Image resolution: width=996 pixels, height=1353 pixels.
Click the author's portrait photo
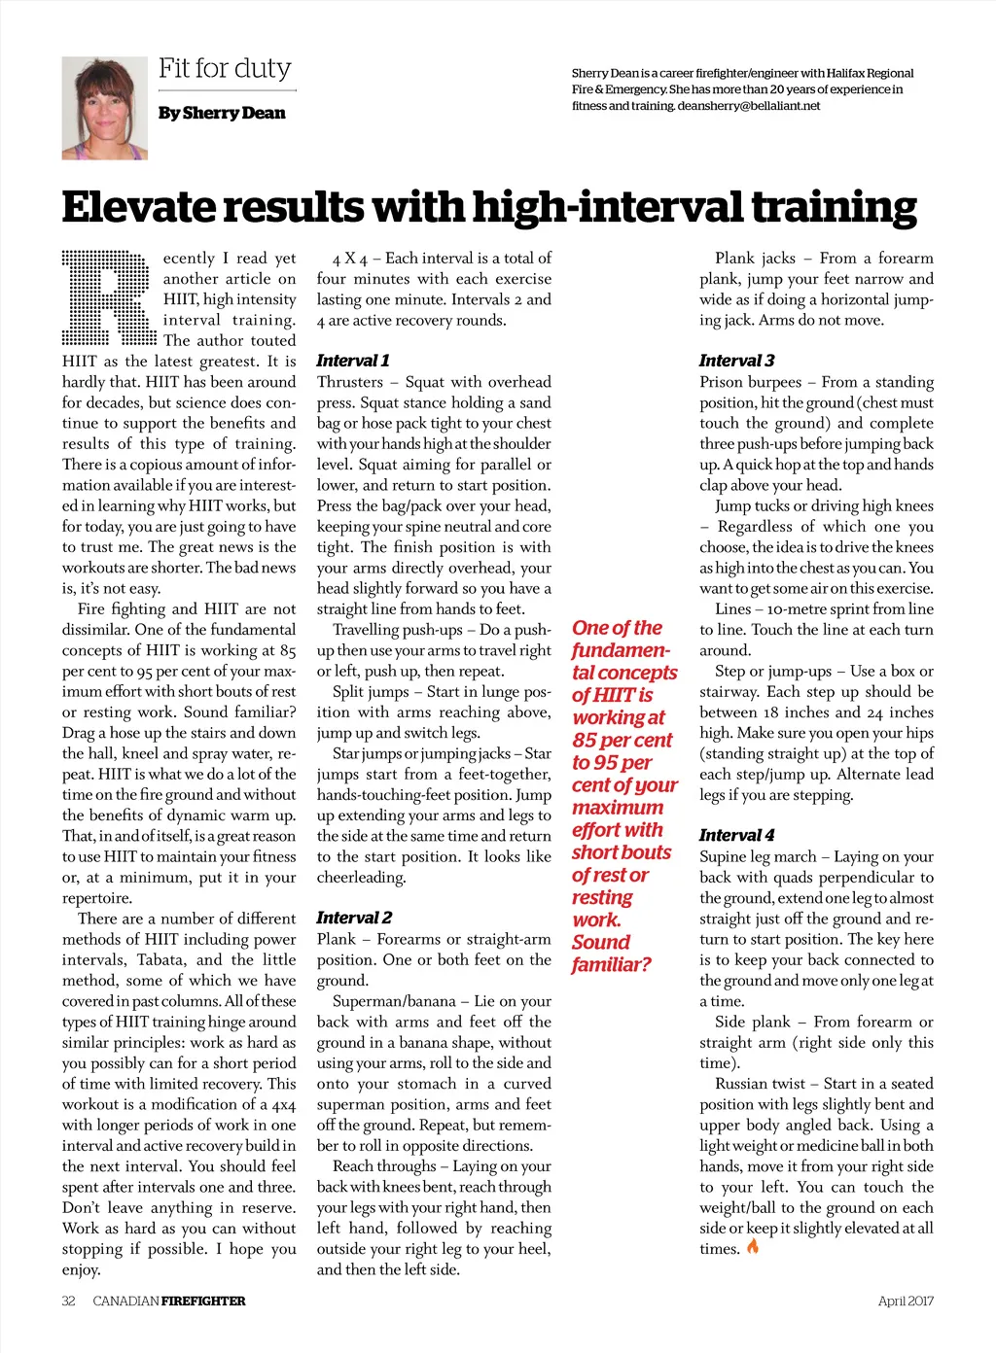(x=104, y=108)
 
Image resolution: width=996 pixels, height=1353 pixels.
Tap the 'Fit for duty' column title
(x=225, y=69)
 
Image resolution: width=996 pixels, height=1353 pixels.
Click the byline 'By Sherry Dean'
(x=222, y=114)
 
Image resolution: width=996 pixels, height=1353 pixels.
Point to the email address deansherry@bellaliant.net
(x=749, y=106)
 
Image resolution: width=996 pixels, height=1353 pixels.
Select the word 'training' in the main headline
(x=834, y=207)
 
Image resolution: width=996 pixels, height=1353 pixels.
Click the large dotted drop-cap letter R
(x=109, y=298)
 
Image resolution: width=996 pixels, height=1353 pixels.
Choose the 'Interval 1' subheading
(x=353, y=361)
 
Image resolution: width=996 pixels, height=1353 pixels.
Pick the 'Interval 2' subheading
(x=354, y=918)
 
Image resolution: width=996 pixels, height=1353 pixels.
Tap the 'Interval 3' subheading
(x=737, y=361)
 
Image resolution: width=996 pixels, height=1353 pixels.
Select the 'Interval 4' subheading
(x=737, y=835)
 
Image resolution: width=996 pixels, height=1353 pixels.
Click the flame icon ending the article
(x=753, y=1247)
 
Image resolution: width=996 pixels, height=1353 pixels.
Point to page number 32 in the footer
(x=68, y=1301)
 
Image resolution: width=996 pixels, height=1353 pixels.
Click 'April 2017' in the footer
(x=906, y=1301)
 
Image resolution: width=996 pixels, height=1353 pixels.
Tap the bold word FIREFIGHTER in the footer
(x=203, y=1301)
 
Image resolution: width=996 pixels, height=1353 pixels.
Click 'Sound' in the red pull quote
(x=601, y=942)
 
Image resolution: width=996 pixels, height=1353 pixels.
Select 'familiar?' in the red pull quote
(x=611, y=964)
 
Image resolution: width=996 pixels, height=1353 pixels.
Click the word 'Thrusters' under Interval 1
(x=350, y=382)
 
